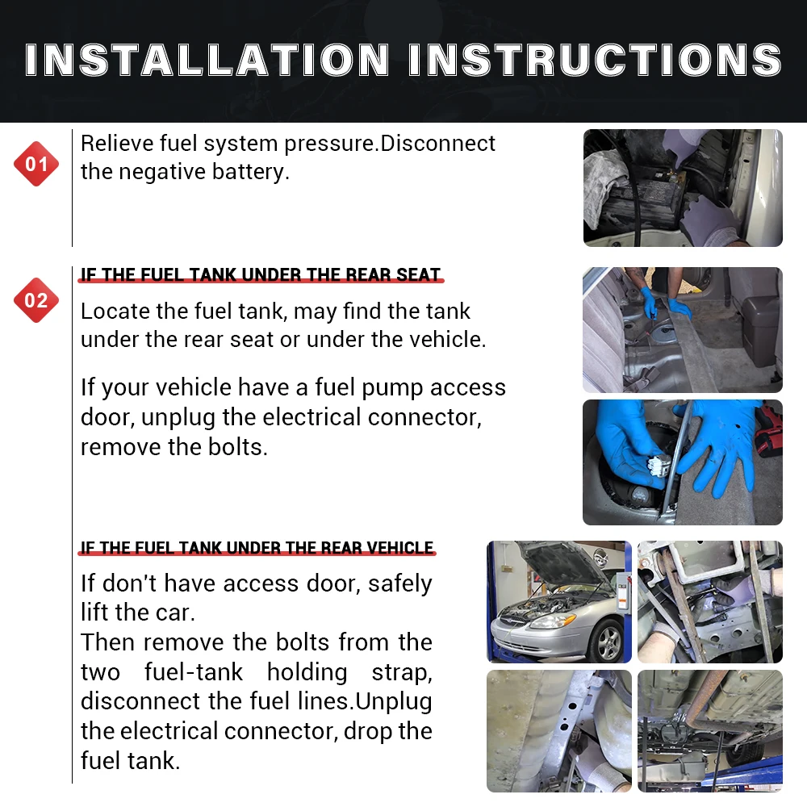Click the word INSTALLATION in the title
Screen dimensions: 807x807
point(207,60)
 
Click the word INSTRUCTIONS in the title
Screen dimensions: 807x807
point(596,60)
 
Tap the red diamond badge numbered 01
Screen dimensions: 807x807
point(36,164)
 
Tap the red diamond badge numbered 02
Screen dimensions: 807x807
point(36,300)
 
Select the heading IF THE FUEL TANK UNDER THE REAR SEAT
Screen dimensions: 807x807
point(261,275)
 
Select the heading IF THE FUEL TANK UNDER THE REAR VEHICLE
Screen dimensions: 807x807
point(257,548)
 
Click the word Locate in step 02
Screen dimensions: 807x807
point(115,312)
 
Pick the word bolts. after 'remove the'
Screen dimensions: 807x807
point(238,447)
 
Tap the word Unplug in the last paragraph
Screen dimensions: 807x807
point(394,701)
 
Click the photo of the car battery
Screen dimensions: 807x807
point(683,188)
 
